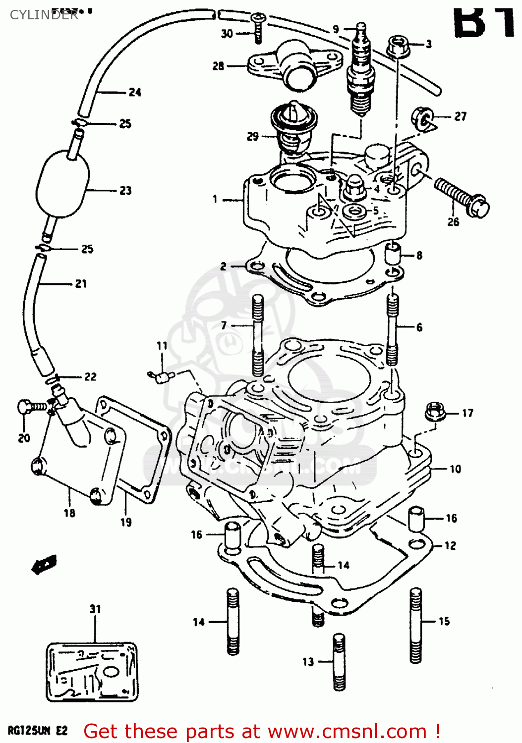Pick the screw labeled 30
258,29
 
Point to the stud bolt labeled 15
415,625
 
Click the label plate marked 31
92,672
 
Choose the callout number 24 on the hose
135,92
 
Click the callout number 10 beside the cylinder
455,469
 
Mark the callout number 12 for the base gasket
450,545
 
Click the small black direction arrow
44,565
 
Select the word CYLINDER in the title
44,15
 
